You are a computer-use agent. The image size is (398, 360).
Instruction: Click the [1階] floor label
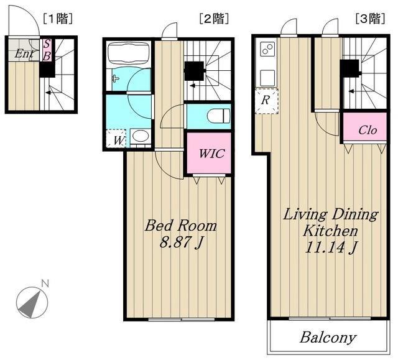click(x=58, y=19)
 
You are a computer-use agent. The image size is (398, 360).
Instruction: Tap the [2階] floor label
click(x=214, y=19)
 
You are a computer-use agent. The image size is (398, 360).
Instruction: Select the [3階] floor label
click(x=371, y=19)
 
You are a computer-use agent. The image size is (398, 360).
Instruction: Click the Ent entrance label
click(x=24, y=53)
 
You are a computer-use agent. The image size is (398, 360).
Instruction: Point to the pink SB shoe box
click(x=47, y=50)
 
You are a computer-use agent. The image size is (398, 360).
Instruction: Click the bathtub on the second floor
click(x=128, y=54)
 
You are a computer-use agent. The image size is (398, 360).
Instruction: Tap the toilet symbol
click(x=218, y=116)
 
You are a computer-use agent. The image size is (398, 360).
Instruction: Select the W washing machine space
click(x=116, y=139)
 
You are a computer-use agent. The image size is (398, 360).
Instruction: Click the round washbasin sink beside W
click(x=141, y=136)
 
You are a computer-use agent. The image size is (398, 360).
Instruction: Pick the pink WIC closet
click(x=209, y=153)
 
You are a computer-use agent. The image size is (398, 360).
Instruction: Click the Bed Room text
click(x=181, y=226)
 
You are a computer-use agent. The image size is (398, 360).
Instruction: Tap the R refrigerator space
click(x=266, y=101)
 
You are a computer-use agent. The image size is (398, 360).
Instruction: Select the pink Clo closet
click(x=365, y=126)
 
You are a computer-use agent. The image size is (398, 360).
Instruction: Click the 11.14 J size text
click(x=331, y=247)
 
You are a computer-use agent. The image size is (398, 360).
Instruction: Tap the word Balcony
click(x=328, y=338)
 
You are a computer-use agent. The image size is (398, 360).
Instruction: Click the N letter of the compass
click(x=45, y=283)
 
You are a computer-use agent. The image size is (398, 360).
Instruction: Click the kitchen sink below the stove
click(x=268, y=78)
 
